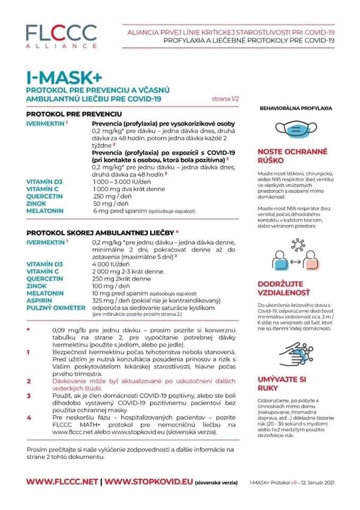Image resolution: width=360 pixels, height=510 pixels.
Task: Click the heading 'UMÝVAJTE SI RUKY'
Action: [282, 384]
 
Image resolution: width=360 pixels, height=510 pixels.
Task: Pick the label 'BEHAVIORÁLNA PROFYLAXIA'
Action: [295, 108]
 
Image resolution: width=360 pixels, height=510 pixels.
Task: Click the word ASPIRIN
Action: [39, 300]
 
